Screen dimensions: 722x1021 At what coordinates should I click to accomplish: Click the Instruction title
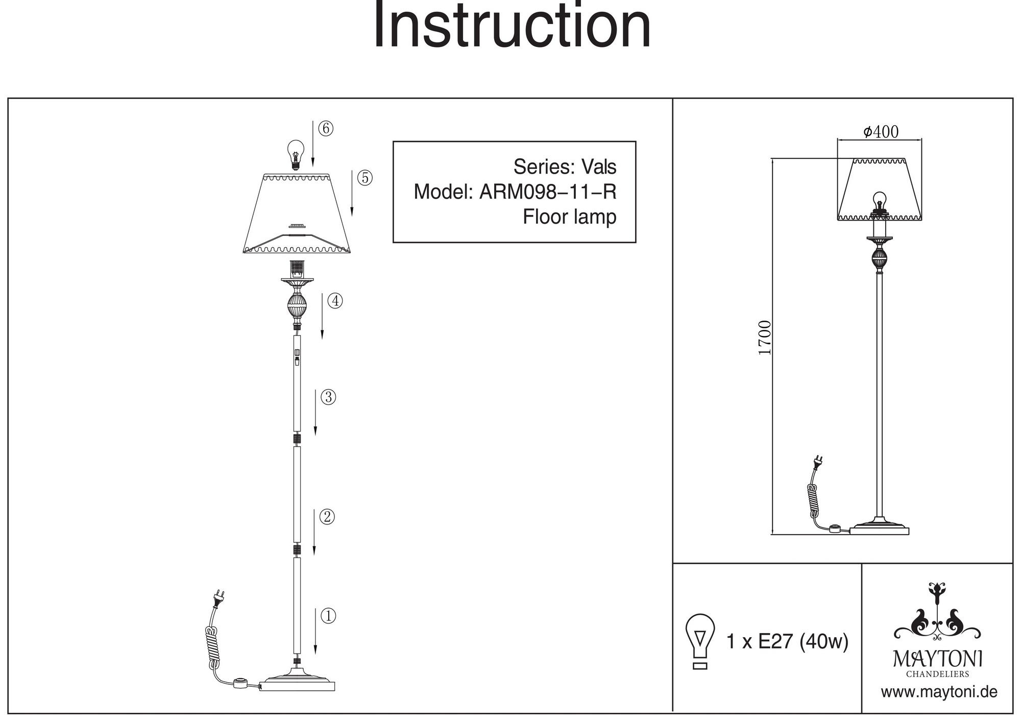point(512,27)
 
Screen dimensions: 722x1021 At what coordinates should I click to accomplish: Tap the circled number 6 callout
point(326,129)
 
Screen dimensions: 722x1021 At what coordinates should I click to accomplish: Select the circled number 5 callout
point(365,178)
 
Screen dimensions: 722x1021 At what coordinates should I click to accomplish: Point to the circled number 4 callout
point(335,301)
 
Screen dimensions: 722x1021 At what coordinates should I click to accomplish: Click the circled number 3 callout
point(328,397)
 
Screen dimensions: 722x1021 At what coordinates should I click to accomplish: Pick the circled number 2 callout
point(327,517)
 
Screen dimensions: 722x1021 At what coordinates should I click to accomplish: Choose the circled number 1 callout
point(328,616)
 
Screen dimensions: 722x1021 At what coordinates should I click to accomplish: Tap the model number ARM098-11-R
point(547,192)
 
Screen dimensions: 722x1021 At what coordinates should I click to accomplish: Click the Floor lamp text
point(569,217)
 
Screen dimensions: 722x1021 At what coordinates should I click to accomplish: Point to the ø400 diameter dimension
point(881,132)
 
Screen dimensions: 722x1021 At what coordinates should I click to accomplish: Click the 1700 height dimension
point(765,338)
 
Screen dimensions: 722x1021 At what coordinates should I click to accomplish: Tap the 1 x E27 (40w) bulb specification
point(787,641)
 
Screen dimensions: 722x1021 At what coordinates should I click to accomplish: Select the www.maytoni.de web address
point(939,692)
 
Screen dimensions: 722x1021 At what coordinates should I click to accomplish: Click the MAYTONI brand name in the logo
point(937,659)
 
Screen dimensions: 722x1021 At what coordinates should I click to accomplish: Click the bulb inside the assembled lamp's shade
point(880,201)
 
